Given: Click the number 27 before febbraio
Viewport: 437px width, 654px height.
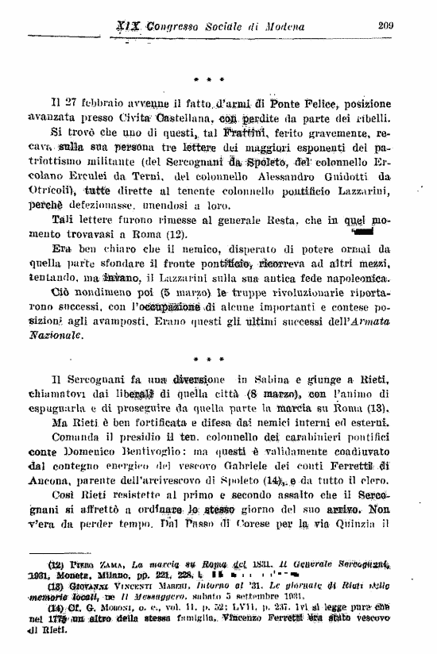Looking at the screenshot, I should tap(78, 102).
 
